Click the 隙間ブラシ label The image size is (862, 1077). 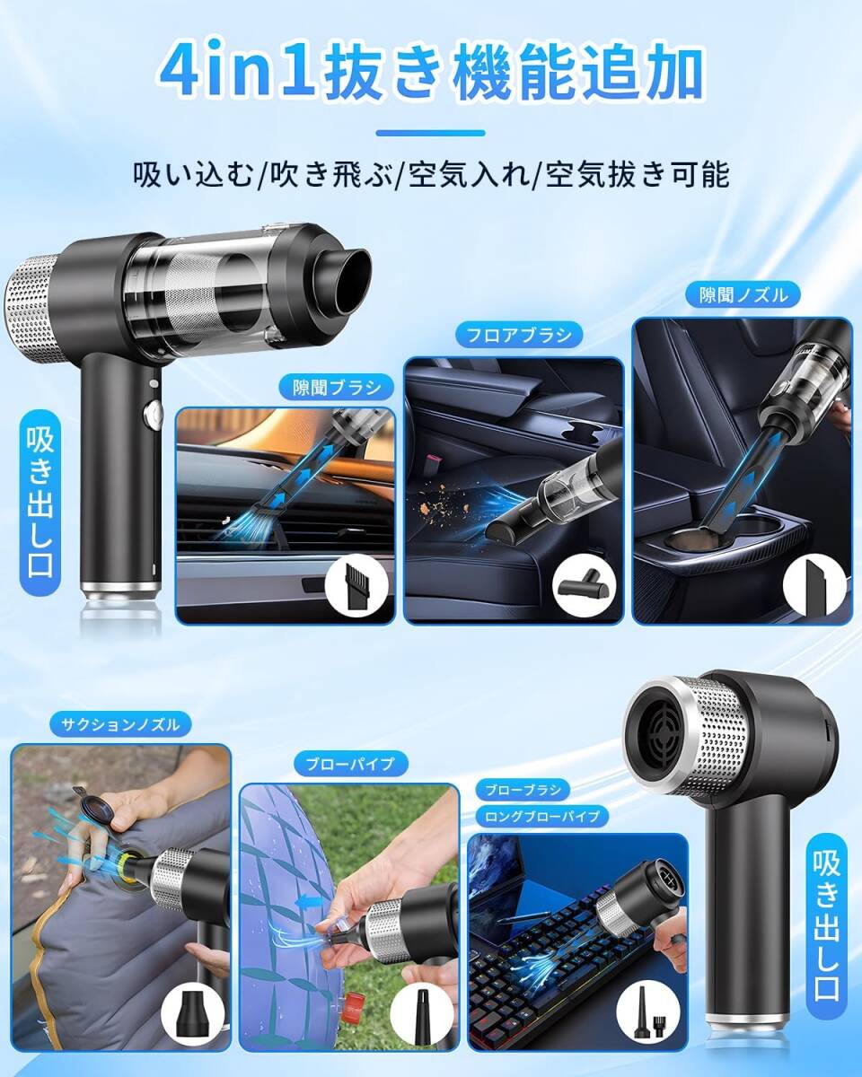(x=337, y=388)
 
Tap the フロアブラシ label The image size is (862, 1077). (x=519, y=335)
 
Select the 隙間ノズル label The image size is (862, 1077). (x=743, y=295)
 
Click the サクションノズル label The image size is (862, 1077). (x=120, y=724)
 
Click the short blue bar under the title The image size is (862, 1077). (x=431, y=133)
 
